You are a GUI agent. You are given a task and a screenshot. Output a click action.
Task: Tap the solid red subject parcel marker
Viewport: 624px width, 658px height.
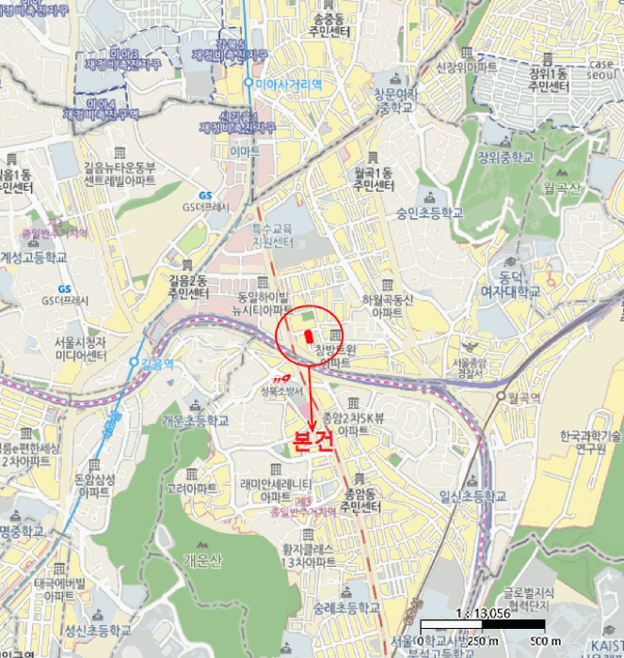307,339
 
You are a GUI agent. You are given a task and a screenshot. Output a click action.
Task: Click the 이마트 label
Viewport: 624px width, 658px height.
245,150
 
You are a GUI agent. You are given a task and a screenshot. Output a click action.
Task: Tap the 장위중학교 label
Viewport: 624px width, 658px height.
504,156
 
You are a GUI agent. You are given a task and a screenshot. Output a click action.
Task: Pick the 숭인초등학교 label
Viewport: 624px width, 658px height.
430,212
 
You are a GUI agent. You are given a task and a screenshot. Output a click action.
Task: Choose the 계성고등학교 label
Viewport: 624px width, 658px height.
34,257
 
